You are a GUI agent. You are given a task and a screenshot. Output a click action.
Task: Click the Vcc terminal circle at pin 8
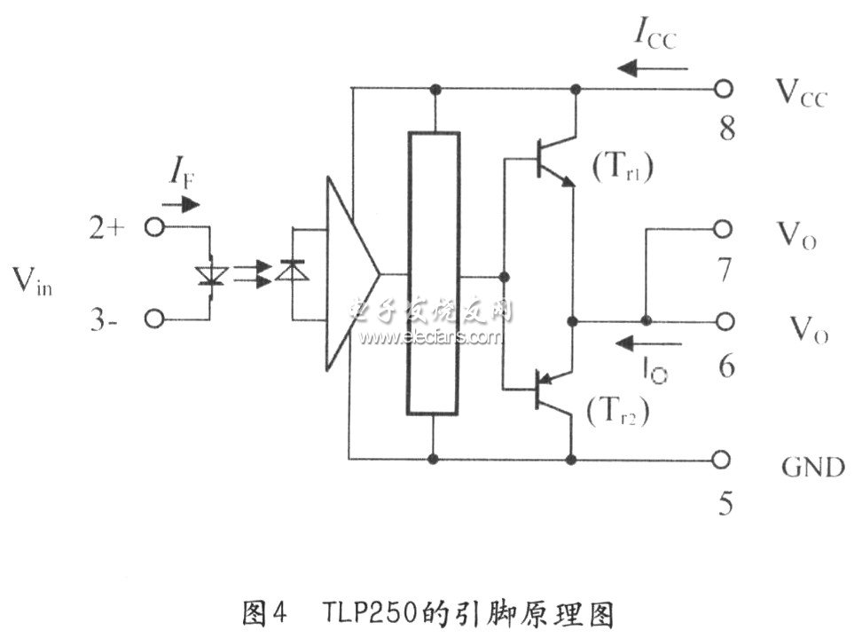click(x=724, y=88)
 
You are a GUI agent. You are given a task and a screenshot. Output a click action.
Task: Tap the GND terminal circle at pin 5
click(x=721, y=460)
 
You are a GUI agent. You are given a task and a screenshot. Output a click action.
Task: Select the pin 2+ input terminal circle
click(x=154, y=227)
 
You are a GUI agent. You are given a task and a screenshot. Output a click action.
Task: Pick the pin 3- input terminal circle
click(x=154, y=319)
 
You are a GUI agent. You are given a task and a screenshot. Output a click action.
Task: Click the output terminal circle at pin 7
click(x=723, y=229)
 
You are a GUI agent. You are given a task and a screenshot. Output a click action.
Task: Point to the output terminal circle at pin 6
click(x=725, y=321)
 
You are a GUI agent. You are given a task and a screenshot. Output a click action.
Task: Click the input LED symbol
click(x=213, y=276)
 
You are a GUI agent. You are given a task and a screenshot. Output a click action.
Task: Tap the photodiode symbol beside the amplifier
click(x=292, y=270)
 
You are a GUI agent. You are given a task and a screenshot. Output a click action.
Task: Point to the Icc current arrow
click(x=652, y=68)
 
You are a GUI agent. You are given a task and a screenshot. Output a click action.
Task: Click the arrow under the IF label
click(x=181, y=205)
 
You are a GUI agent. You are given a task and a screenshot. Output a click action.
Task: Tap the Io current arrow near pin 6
click(x=648, y=343)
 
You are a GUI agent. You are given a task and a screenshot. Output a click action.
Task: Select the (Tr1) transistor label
click(x=623, y=166)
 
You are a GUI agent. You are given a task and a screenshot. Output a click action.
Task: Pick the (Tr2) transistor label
click(x=618, y=410)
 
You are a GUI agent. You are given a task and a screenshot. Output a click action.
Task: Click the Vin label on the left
click(x=33, y=281)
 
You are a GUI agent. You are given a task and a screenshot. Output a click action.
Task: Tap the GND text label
click(x=813, y=467)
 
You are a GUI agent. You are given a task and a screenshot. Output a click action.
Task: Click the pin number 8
click(x=727, y=128)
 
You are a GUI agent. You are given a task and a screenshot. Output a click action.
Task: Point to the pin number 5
click(x=725, y=503)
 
